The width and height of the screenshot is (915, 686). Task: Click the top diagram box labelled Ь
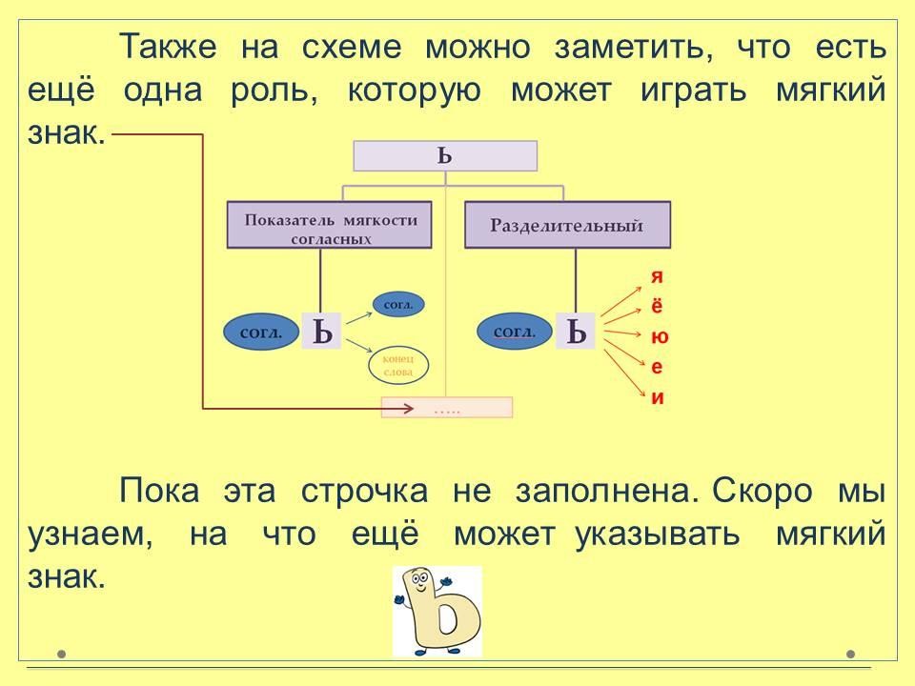click(x=445, y=156)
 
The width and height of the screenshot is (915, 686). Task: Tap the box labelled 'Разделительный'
click(x=567, y=227)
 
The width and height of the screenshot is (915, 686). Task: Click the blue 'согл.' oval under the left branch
click(x=260, y=333)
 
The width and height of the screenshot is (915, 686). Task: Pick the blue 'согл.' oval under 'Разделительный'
click(x=515, y=332)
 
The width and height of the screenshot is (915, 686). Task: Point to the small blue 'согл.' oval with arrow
click(x=397, y=305)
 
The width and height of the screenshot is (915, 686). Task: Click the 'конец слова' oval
click(x=397, y=365)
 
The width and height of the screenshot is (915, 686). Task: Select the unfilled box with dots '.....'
click(x=446, y=408)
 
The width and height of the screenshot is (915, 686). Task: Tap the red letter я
click(x=657, y=276)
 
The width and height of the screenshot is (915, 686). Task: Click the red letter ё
click(x=657, y=306)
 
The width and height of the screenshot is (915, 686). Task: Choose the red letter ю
click(x=659, y=337)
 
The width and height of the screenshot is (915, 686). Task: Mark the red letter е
click(x=657, y=368)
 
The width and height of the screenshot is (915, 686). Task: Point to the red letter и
click(x=657, y=398)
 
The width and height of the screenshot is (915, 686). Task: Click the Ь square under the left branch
click(x=321, y=332)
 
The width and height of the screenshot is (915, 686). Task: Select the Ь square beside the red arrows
click(x=576, y=332)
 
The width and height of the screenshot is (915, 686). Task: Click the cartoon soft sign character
click(x=437, y=612)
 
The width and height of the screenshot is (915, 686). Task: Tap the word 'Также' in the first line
click(x=168, y=47)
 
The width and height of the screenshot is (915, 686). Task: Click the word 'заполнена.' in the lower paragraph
click(x=602, y=492)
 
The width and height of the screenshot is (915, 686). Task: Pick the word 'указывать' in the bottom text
click(x=658, y=534)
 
